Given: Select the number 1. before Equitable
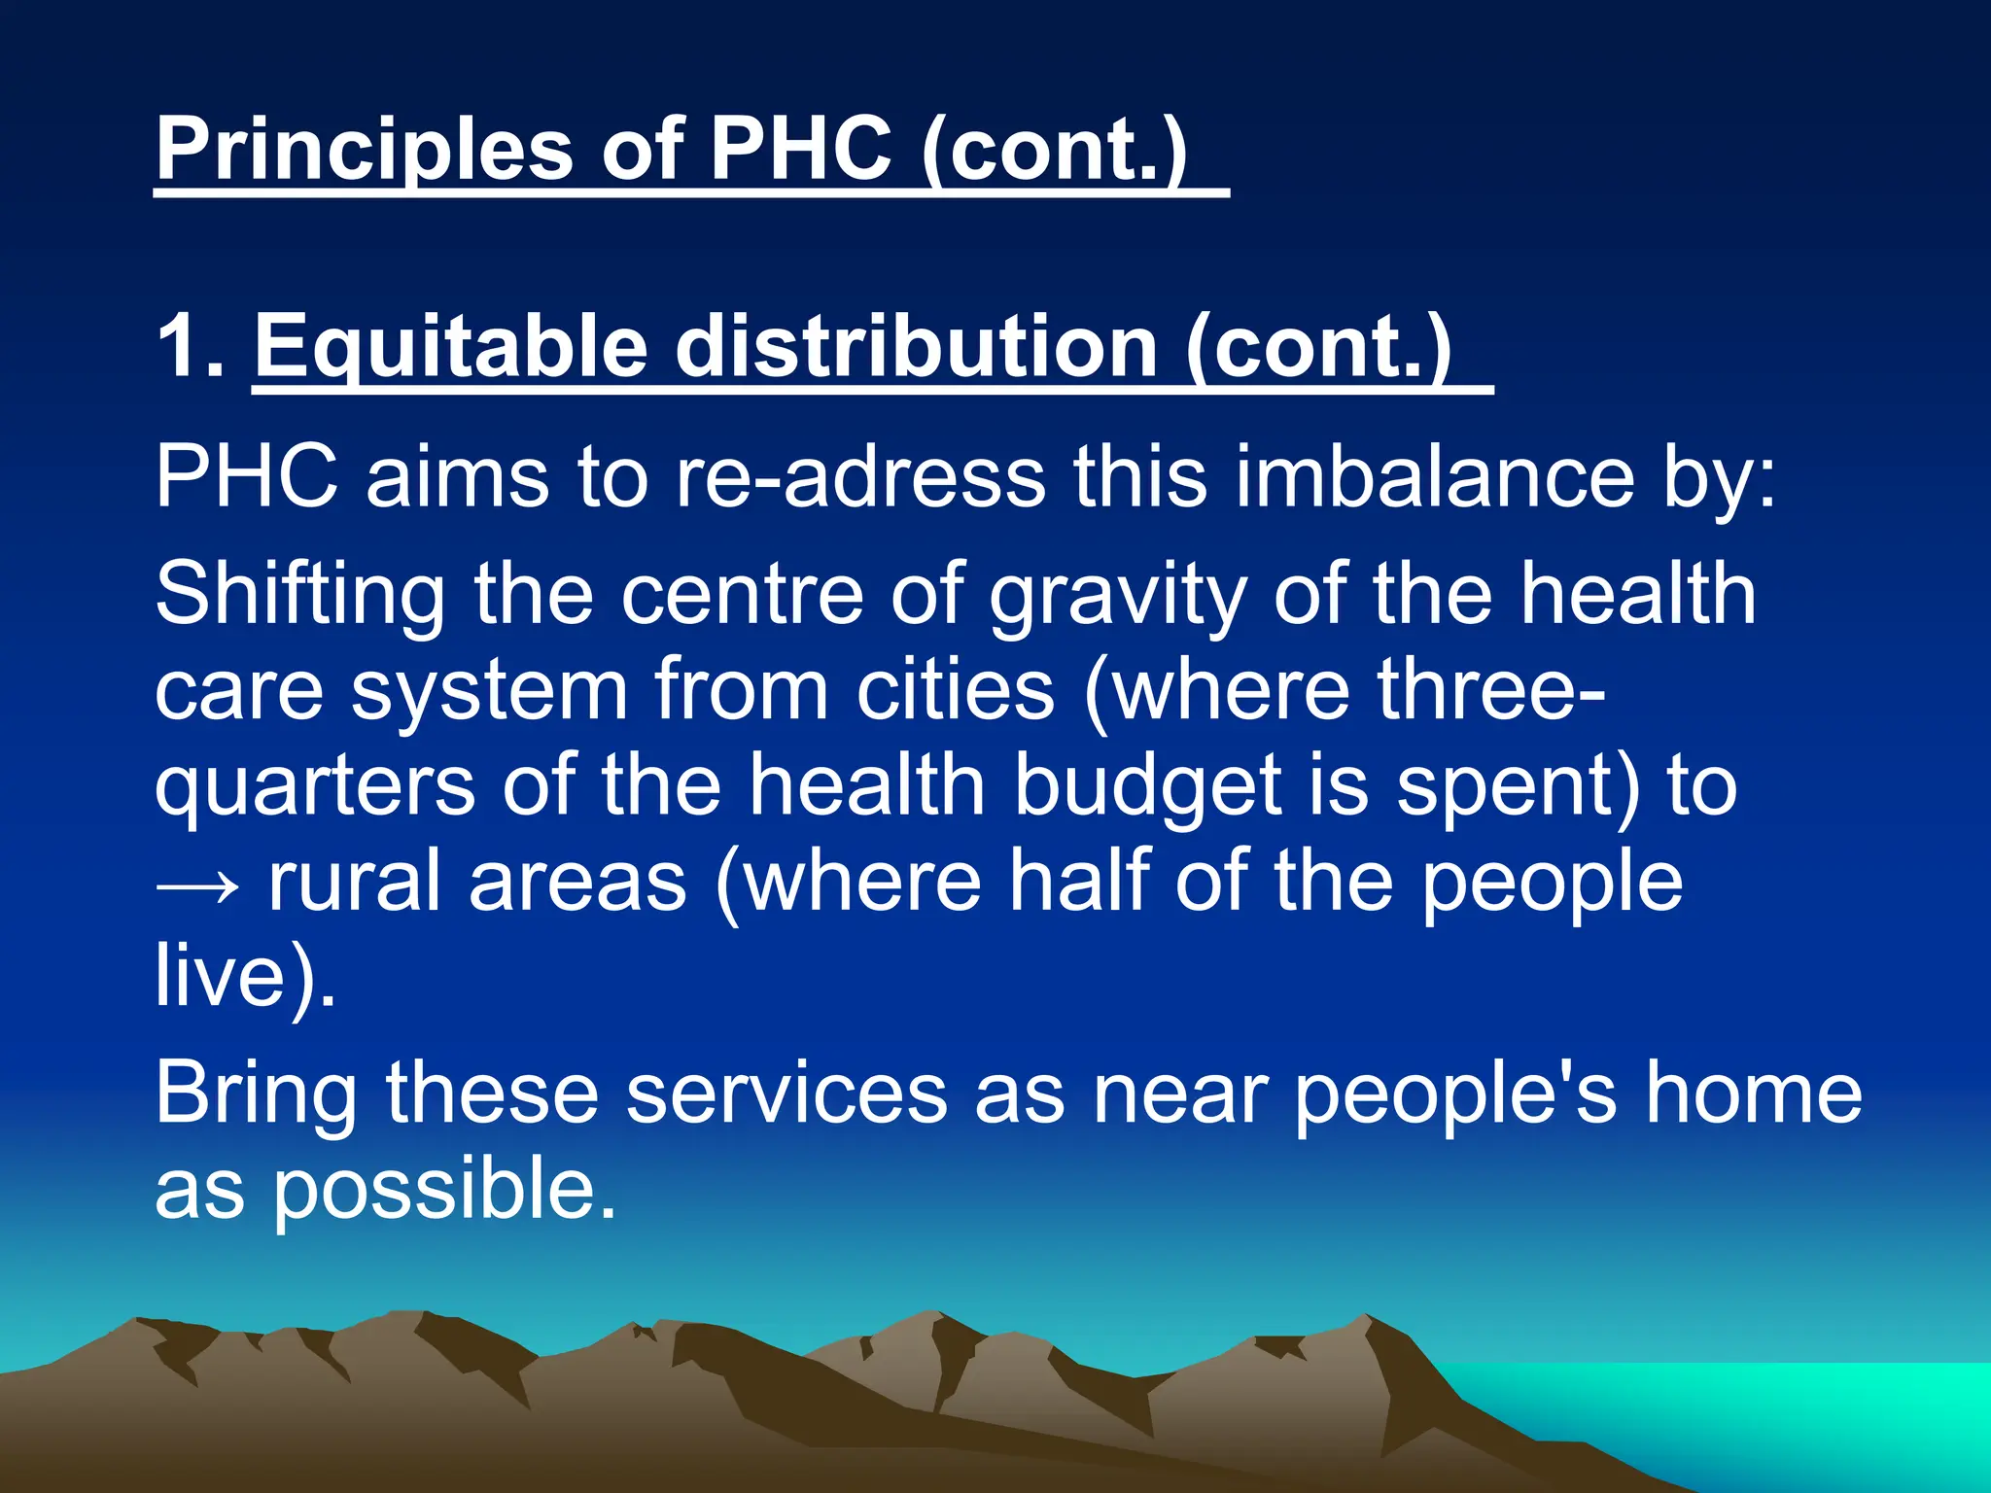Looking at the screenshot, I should (x=191, y=346).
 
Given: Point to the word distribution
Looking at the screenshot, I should (x=915, y=346).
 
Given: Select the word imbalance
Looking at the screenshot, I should (x=1435, y=477).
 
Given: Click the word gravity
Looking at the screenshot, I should (x=1117, y=595).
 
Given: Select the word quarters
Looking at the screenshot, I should (x=315, y=786).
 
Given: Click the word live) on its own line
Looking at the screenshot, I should (x=244, y=976).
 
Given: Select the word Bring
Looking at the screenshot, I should (x=256, y=1094).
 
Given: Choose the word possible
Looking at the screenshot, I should (x=443, y=1190).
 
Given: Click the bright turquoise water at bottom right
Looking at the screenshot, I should (x=1799, y=1409).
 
